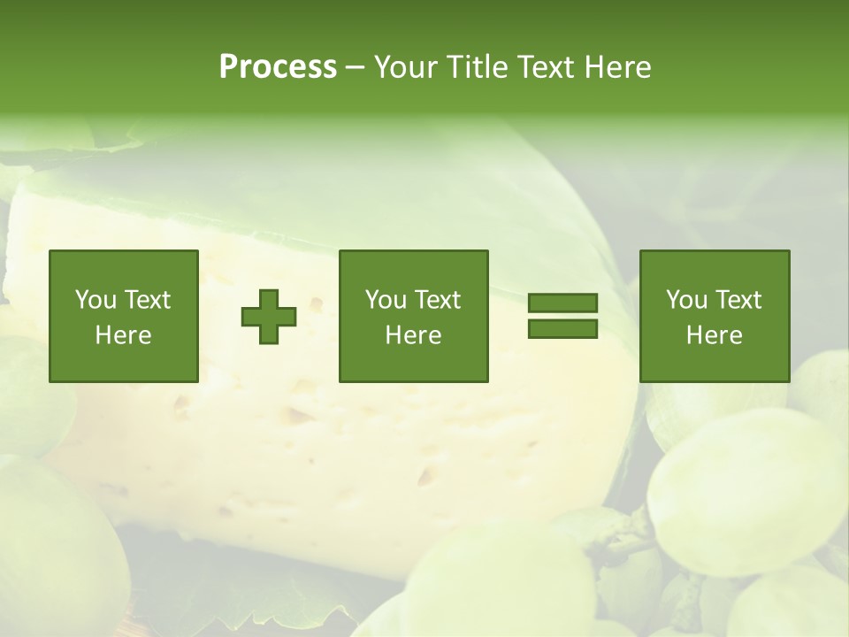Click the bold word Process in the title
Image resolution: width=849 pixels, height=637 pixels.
pyautogui.click(x=278, y=67)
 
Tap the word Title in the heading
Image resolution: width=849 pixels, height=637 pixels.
pyautogui.click(x=475, y=67)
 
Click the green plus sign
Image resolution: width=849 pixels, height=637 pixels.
pyautogui.click(x=269, y=317)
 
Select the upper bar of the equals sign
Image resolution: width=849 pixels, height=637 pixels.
pyautogui.click(x=562, y=303)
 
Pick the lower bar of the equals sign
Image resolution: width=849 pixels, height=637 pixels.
pyautogui.click(x=562, y=328)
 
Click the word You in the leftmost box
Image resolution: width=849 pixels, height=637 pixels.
pyautogui.click(x=96, y=300)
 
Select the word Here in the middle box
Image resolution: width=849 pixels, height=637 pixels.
pyautogui.click(x=414, y=335)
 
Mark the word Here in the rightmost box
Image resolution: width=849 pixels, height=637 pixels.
pyautogui.click(x=715, y=335)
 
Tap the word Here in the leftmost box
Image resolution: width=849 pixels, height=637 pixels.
pyautogui.click(x=124, y=335)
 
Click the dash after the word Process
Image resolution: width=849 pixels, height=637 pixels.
pyautogui.click(x=356, y=67)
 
